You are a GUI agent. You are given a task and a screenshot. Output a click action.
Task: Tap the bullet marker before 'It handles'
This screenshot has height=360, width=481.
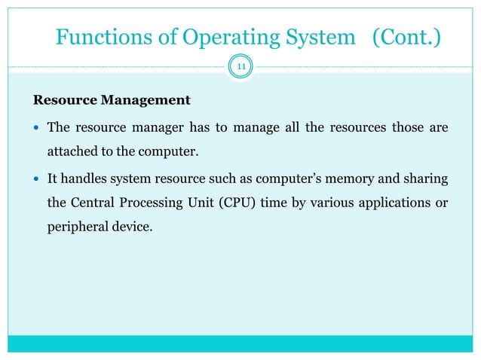[x=36, y=178]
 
